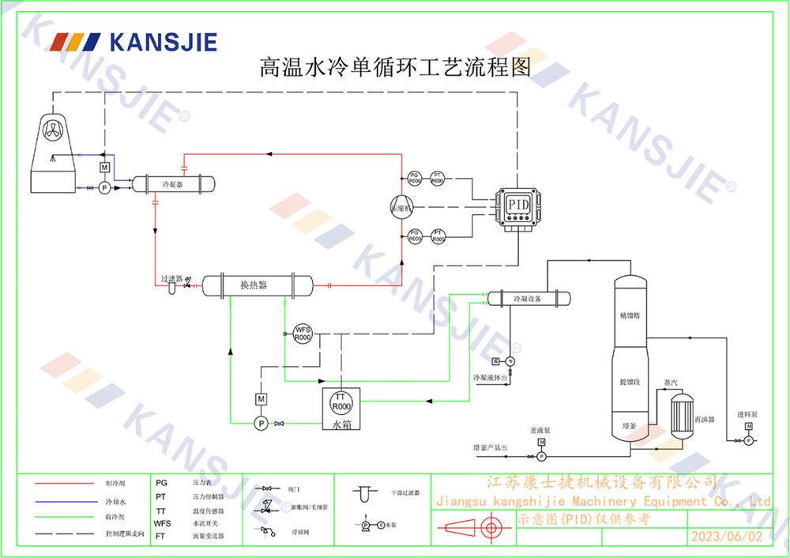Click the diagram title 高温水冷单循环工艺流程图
[395, 67]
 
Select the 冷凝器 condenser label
[172, 184]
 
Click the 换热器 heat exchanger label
[254, 285]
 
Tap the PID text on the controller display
[518, 205]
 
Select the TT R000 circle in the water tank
[340, 402]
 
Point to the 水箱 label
[340, 424]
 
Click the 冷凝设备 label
[527, 300]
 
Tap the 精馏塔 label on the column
[633, 315]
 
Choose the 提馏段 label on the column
[633, 382]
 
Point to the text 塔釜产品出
[490, 447]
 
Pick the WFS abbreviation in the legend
[162, 523]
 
